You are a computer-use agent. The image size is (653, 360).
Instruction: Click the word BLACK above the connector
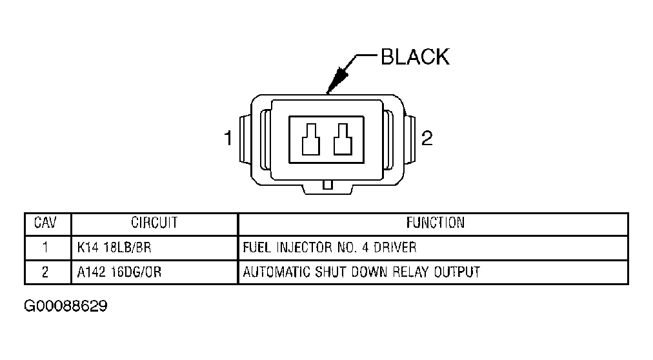pos(414,57)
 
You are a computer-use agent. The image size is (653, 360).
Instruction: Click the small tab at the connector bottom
pos(327,185)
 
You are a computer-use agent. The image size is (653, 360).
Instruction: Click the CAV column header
pos(45,223)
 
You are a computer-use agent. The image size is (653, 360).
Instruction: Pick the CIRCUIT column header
pos(155,223)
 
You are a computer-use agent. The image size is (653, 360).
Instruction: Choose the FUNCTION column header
pos(435,223)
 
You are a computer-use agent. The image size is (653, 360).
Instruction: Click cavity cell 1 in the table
pos(45,248)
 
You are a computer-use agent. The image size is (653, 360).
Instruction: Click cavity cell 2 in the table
pos(45,272)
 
